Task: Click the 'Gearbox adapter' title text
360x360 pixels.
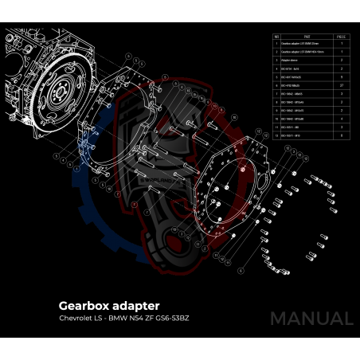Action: [x=109, y=305]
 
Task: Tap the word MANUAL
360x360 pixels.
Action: [x=311, y=318]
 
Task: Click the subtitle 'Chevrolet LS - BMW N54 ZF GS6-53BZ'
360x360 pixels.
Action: [x=123, y=319]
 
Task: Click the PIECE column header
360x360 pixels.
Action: [x=340, y=37]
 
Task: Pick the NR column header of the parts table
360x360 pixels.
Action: [x=276, y=37]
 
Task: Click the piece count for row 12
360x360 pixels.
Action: [x=341, y=135]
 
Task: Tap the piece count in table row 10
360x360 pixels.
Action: [x=341, y=120]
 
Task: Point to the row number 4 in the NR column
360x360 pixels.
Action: [x=276, y=68]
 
